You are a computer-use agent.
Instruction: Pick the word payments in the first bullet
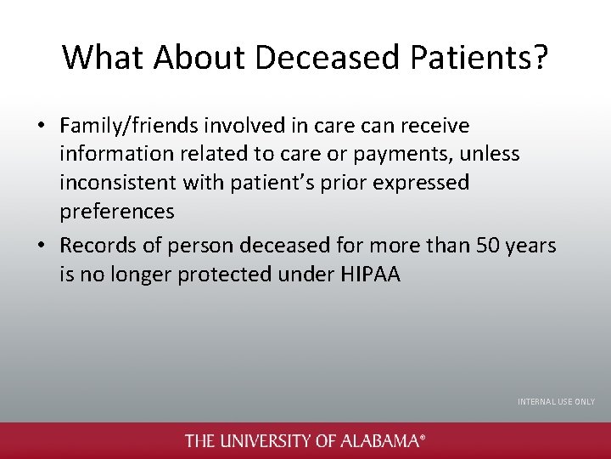pos(416,155)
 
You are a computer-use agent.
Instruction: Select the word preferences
pos(116,211)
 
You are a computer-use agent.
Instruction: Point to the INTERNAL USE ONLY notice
pos(556,401)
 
